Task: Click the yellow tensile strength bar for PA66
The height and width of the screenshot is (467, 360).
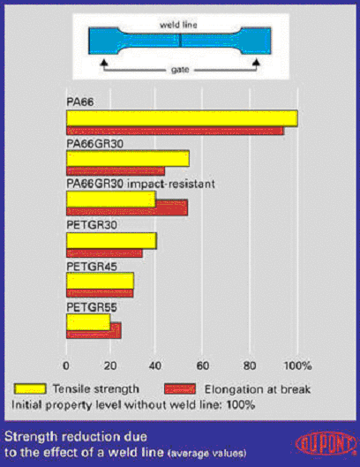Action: (182, 118)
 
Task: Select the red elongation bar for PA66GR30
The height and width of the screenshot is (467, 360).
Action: (116, 171)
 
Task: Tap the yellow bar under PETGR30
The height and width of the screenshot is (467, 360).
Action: (111, 241)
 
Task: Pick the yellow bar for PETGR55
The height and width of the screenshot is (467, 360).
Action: (88, 322)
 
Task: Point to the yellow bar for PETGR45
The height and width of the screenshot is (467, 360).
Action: (100, 281)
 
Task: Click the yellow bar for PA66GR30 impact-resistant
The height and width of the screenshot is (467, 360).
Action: (111, 200)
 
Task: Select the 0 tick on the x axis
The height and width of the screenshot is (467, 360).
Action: (66, 365)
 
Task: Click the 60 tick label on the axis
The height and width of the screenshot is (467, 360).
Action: (202, 365)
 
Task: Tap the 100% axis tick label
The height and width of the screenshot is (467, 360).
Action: (298, 365)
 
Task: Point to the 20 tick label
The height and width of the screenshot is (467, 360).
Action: (110, 365)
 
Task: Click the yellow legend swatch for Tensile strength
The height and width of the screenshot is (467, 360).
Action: (30, 389)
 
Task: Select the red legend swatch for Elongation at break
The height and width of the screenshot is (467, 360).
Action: (180, 389)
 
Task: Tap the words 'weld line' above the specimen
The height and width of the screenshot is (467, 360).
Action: (178, 25)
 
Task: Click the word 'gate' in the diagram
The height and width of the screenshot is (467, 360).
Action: (180, 70)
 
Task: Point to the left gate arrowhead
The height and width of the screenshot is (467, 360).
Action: (103, 63)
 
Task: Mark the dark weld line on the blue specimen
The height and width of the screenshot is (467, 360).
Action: (181, 41)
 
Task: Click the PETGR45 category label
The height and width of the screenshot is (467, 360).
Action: (92, 267)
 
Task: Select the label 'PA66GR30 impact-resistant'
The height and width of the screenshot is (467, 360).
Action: (140, 184)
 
